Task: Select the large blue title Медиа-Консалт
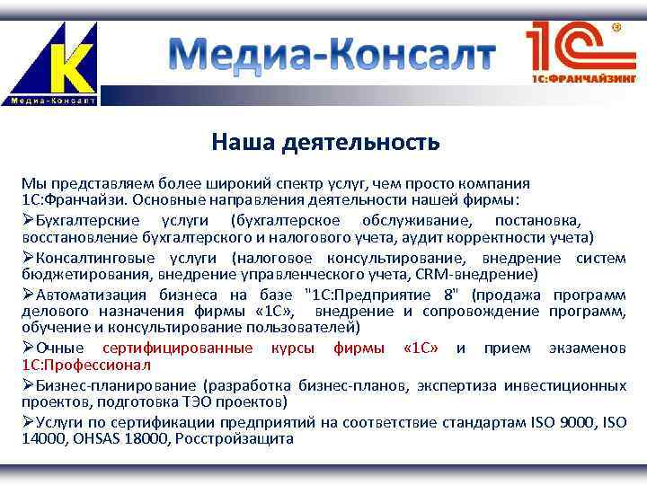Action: (332, 56)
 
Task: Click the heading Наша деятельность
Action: (325, 142)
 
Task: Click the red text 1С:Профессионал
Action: (87, 365)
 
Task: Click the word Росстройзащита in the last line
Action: (235, 438)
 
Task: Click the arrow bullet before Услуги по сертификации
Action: (28, 421)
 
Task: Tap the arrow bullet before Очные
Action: (28, 348)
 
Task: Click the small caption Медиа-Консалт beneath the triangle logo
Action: (53, 100)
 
